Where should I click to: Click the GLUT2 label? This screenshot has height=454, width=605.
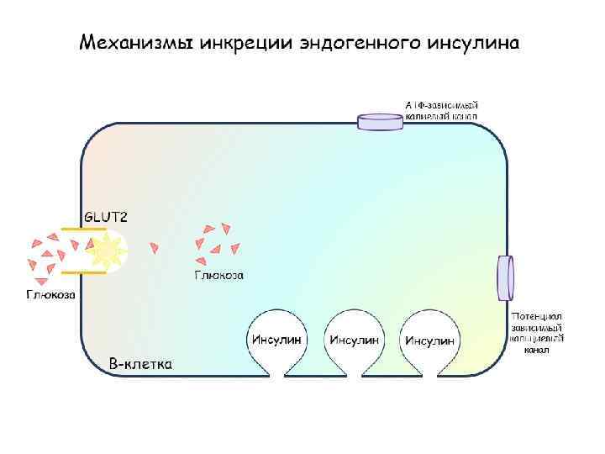[x=105, y=216]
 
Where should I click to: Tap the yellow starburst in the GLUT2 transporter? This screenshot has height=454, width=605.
[x=108, y=250]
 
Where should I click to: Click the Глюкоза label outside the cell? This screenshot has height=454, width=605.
[x=50, y=294]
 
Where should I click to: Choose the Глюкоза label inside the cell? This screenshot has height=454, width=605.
[x=219, y=275]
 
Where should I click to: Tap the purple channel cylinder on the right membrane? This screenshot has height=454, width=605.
[x=505, y=277]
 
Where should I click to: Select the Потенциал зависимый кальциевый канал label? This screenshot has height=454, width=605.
[x=537, y=333]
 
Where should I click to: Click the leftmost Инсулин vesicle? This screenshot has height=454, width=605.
[x=276, y=340]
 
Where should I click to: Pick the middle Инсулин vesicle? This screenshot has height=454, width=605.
[x=354, y=340]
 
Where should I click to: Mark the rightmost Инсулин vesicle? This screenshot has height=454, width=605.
[x=430, y=340]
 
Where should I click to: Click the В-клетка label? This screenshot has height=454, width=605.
[x=141, y=364]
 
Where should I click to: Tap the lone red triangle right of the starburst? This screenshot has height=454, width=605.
[x=154, y=247]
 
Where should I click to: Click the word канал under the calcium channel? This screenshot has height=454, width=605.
[x=537, y=350]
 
